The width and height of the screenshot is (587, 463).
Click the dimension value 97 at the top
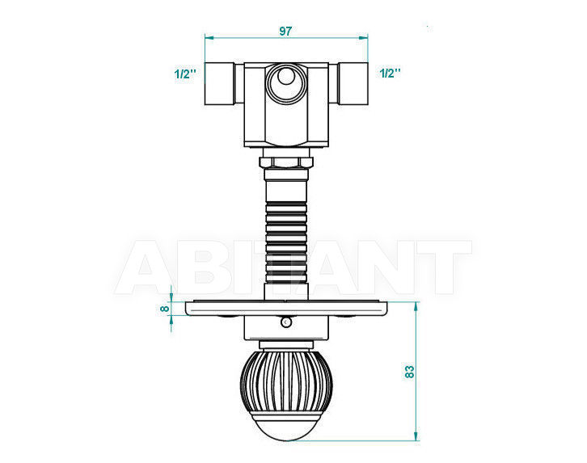pos(285,31)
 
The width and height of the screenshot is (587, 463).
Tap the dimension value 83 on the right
pos(410,372)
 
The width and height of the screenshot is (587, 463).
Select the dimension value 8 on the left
pos(164,309)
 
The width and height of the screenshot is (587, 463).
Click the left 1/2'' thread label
pos(185,74)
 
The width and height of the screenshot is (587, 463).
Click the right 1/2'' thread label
pos(390,74)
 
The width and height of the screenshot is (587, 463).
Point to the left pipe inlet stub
pos(219,83)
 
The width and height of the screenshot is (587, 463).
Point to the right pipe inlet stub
pos(353,83)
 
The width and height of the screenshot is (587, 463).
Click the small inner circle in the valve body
pos(286,76)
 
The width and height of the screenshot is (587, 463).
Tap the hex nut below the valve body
pos(286,162)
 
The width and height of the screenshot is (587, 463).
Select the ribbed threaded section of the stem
pos(286,242)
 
